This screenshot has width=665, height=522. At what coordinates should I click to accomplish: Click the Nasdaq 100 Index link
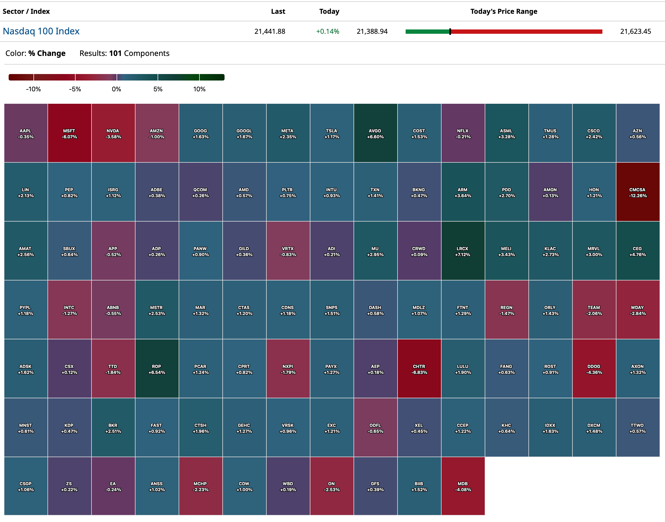(x=41, y=31)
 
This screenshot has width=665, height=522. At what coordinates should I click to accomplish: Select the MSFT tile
(x=69, y=133)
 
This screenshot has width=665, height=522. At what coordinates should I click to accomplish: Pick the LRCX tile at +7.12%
(x=463, y=251)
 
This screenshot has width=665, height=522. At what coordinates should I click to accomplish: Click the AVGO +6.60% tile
(x=375, y=133)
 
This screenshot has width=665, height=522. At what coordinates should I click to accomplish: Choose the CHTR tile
(x=419, y=369)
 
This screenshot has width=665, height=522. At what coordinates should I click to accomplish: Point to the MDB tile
(x=463, y=486)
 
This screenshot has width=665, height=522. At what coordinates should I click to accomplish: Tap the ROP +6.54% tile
(x=157, y=369)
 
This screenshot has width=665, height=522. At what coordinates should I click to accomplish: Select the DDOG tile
(x=594, y=369)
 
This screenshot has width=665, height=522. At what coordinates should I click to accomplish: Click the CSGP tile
(x=26, y=486)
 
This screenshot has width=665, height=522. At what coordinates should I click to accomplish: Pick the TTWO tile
(x=637, y=428)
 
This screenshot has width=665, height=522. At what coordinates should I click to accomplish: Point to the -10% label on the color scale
(x=33, y=89)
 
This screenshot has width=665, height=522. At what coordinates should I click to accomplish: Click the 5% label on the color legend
(x=158, y=89)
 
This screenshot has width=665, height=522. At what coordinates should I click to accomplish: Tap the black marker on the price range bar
(x=450, y=32)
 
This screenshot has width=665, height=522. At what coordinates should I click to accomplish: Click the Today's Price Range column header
(x=504, y=11)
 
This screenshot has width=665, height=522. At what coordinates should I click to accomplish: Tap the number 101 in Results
(x=116, y=53)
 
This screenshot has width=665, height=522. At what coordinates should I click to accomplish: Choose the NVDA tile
(x=113, y=133)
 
